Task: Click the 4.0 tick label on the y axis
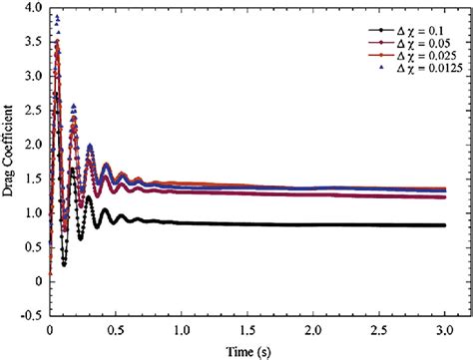pos(29,8)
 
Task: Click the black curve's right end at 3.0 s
pos(444,225)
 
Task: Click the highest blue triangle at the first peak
pos(57,17)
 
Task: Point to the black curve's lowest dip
pos(63,264)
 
